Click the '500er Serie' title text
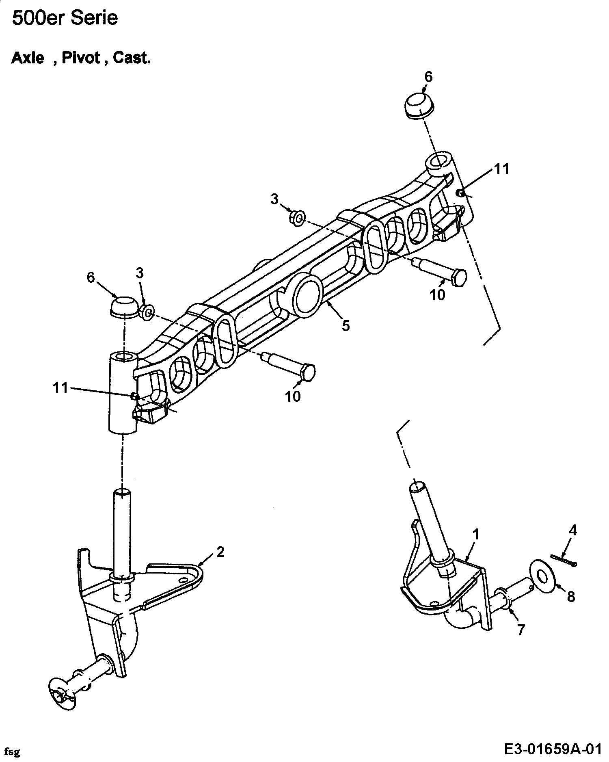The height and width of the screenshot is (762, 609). tap(65, 18)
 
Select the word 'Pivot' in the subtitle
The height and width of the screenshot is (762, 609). tap(81, 58)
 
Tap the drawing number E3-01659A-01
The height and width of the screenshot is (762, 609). tap(552, 749)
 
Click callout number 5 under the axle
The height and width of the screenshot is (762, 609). tap(346, 325)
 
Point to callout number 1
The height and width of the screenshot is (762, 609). tap(476, 535)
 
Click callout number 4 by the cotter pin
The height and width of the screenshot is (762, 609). tap(573, 530)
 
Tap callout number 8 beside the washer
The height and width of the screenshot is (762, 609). tap(571, 596)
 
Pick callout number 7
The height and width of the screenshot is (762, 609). tap(520, 630)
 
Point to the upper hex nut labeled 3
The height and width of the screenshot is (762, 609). tap(297, 219)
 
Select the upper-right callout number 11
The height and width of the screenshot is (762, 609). tap(502, 169)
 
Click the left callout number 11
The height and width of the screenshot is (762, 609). tap(60, 388)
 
